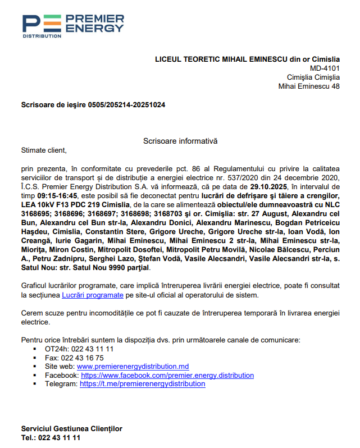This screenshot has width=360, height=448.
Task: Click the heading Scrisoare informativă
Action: pyautogui.click(x=180, y=141)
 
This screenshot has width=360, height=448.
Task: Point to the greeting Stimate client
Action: pyautogui.click(x=43, y=150)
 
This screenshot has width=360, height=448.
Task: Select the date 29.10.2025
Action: pyautogui.click(x=269, y=186)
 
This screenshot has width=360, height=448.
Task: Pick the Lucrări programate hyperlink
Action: pyautogui.click(x=92, y=294)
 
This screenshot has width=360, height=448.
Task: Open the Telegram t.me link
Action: pyautogui.click(x=142, y=384)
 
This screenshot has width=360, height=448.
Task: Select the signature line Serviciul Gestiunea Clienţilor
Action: pyautogui.click(x=71, y=429)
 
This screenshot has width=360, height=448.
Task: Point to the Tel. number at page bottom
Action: pyautogui.click(x=59, y=438)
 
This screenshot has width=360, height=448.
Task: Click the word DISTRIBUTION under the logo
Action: pyautogui.click(x=42, y=36)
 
